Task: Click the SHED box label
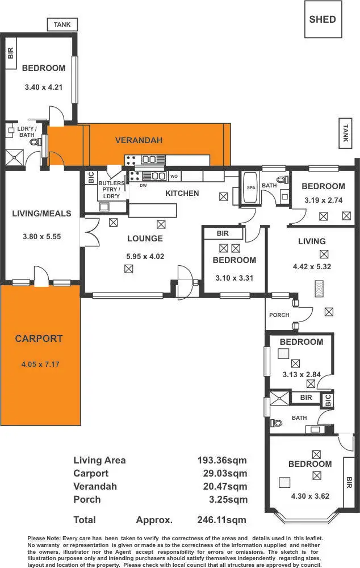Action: tap(323, 19)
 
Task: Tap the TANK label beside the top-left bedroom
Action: tap(62, 24)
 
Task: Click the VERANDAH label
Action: tap(139, 140)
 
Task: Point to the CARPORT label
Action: tap(39, 339)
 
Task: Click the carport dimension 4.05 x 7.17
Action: tap(39, 364)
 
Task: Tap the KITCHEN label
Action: tap(182, 194)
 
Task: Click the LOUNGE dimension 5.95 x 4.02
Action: tap(145, 256)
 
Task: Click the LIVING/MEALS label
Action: tap(41, 214)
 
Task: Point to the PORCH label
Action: tap(279, 315)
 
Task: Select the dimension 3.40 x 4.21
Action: tap(43, 87)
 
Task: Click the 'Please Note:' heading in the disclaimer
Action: tap(44, 538)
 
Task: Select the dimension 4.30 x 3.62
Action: tap(309, 495)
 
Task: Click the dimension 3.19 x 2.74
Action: tap(323, 200)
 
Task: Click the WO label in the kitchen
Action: tap(174, 176)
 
